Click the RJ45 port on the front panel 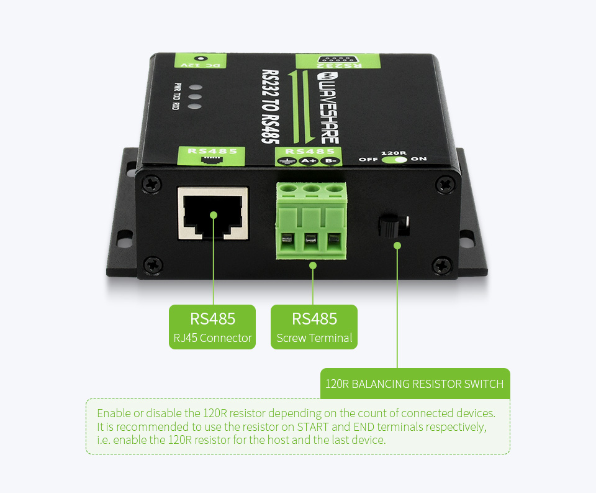point(213,213)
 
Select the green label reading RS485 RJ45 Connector point(212,327)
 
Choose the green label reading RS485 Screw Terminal point(314,327)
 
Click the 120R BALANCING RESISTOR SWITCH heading point(415,384)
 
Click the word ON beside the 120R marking point(418,159)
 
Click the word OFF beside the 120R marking point(368,159)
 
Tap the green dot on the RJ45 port point(213,215)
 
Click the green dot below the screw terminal point(313,265)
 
